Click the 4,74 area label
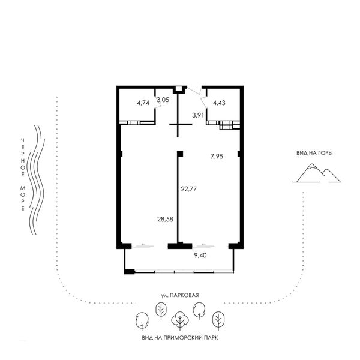143,103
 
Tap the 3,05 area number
163,100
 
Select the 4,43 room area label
219,103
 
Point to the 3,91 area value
198,115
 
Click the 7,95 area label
217,157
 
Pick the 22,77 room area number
189,189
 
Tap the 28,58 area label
166,219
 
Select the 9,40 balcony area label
200,255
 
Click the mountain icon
316,173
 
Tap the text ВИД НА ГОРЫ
314,153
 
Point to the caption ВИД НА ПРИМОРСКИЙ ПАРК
180,338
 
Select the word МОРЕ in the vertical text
23,199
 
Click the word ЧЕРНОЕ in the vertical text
23,157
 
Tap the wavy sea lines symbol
36,180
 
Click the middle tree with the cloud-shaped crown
180,321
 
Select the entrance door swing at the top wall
194,91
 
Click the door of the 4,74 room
158,103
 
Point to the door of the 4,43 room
205,102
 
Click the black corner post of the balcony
129,272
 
